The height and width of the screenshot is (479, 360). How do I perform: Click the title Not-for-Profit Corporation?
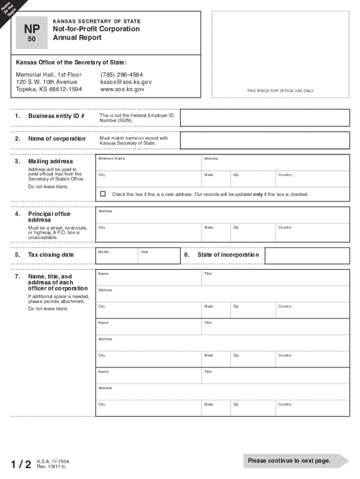[96, 29]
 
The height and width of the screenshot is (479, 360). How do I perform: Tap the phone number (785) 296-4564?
[122, 75]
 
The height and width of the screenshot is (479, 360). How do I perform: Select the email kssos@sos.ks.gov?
[126, 82]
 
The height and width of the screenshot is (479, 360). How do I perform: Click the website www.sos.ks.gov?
[122, 89]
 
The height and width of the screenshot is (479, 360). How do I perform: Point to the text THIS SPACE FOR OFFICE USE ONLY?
[281, 91]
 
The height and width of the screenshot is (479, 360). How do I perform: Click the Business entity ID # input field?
[265, 118]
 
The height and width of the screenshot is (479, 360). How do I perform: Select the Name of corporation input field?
[265, 140]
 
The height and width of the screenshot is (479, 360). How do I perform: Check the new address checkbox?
[103, 194]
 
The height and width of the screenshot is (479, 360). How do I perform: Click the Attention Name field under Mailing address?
[149, 163]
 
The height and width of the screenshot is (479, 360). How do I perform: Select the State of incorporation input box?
[307, 255]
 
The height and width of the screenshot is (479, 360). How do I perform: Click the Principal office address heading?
[49, 217]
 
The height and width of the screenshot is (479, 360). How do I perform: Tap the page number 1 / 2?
[22, 464]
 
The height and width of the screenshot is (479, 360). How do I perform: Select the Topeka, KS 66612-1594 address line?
[49, 89]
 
